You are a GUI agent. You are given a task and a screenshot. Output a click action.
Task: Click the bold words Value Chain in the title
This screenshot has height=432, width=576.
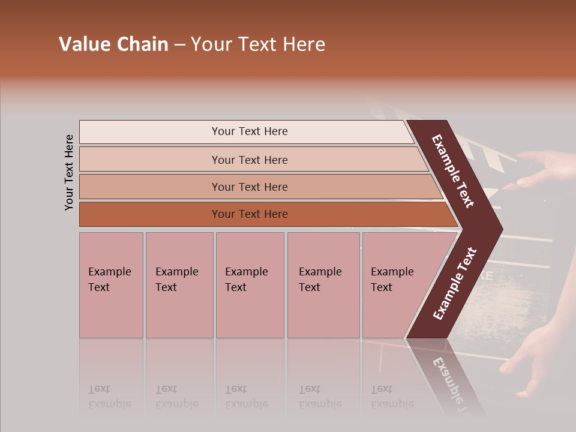point(113,44)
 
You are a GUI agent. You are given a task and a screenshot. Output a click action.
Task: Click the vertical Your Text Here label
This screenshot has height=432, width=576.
point(69,172)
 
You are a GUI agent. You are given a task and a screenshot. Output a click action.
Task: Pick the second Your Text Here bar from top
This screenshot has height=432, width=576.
point(250,160)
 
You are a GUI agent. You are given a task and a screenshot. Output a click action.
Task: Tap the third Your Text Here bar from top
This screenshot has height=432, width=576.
point(250,187)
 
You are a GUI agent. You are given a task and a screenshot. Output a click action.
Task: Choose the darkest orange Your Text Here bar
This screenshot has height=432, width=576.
point(250,214)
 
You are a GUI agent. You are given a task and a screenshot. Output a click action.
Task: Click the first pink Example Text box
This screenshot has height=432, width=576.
point(111,284)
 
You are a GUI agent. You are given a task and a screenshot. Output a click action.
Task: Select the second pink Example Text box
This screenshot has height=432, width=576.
point(179,284)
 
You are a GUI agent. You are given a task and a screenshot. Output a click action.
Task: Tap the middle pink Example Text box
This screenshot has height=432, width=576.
point(250,284)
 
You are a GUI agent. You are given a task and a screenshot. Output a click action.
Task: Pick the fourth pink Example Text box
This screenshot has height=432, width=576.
point(324,284)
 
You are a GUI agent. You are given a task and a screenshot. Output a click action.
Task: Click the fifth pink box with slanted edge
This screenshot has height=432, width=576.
point(396,284)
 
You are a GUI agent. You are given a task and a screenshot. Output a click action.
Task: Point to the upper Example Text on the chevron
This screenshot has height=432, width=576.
point(453,172)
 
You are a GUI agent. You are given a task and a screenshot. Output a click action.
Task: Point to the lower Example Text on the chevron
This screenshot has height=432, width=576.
point(455,284)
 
